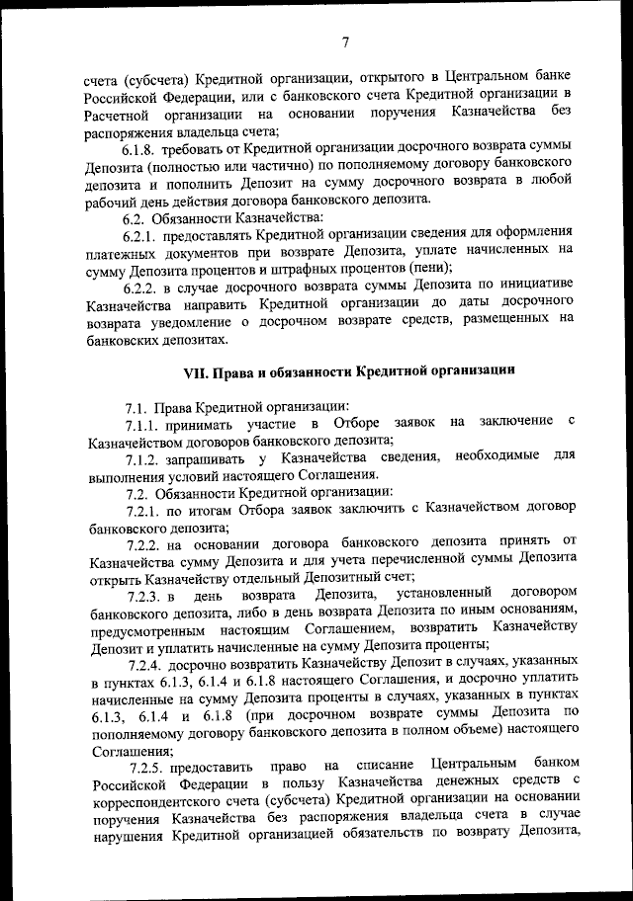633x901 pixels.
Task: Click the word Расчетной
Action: [119, 113]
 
